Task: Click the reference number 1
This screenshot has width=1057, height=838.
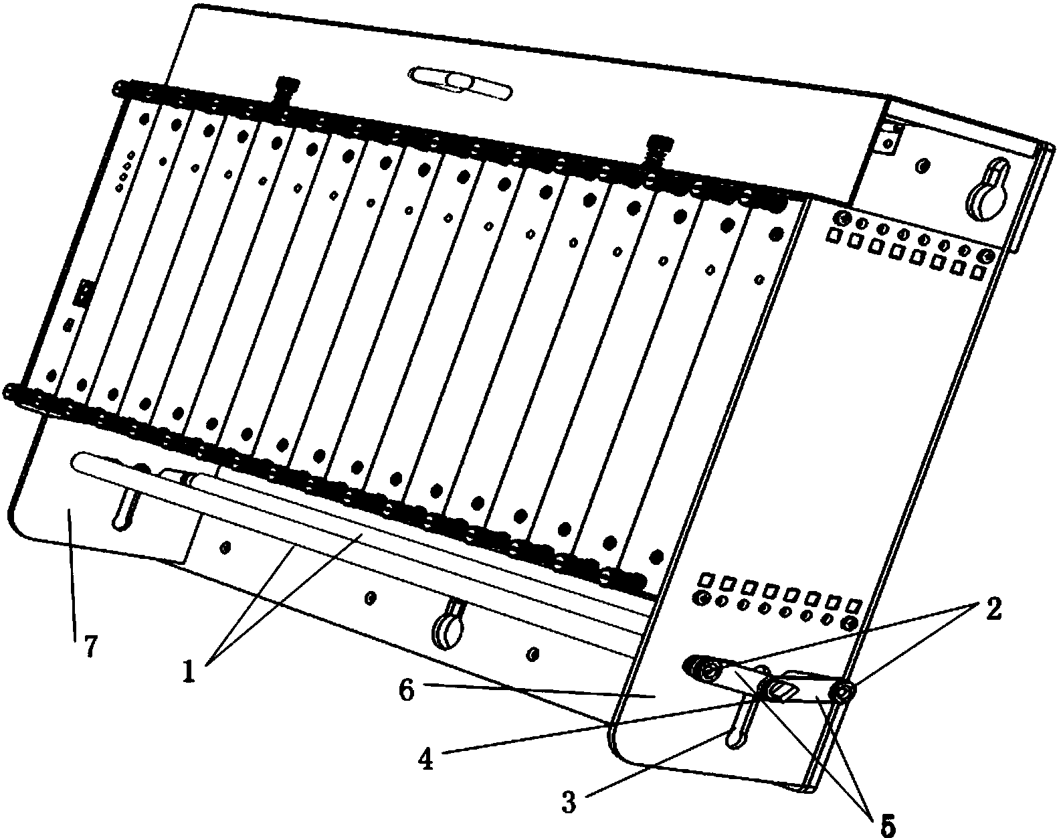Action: [x=189, y=670]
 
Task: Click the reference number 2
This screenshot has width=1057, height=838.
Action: [x=992, y=610]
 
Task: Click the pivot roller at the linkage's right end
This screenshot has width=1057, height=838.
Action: [x=842, y=692]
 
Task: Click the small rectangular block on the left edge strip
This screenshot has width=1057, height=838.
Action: [x=84, y=293]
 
